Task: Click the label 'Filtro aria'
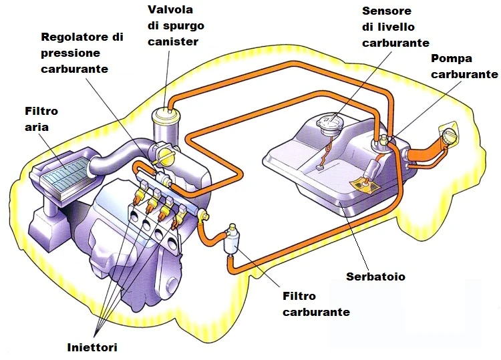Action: click(x=41, y=118)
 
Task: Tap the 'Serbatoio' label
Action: click(x=375, y=276)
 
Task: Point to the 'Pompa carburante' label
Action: click(x=464, y=66)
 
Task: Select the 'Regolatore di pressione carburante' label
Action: click(x=82, y=53)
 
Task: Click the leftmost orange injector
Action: click(x=137, y=197)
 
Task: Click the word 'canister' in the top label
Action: click(x=176, y=43)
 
